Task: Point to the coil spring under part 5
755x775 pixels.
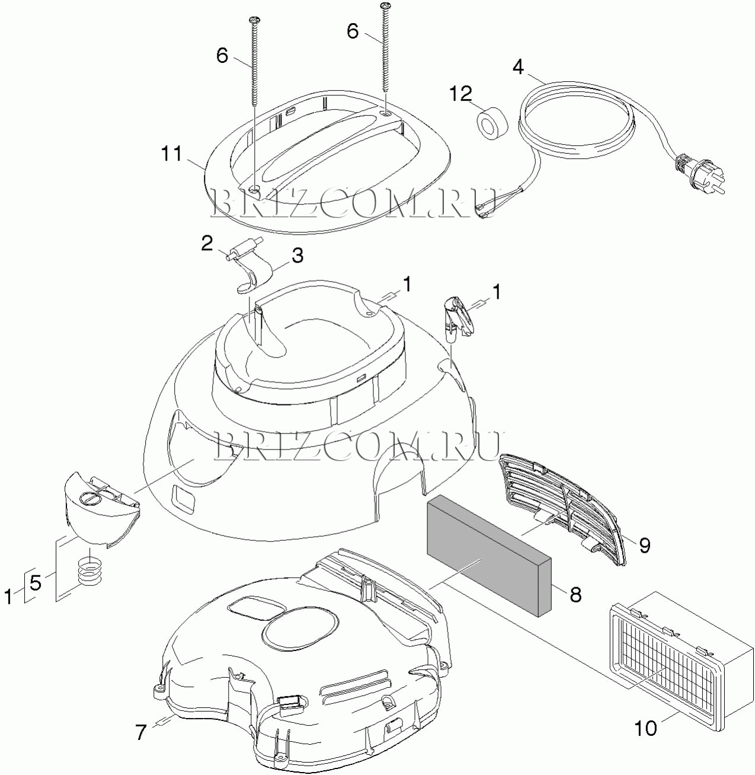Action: point(90,573)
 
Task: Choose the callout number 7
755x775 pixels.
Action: point(140,732)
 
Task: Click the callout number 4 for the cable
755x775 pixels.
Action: point(518,67)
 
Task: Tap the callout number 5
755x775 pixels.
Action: point(35,583)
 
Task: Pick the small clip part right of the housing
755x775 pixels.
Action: point(457,317)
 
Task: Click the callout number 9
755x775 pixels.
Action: point(644,544)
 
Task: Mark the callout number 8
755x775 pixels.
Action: point(575,595)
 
